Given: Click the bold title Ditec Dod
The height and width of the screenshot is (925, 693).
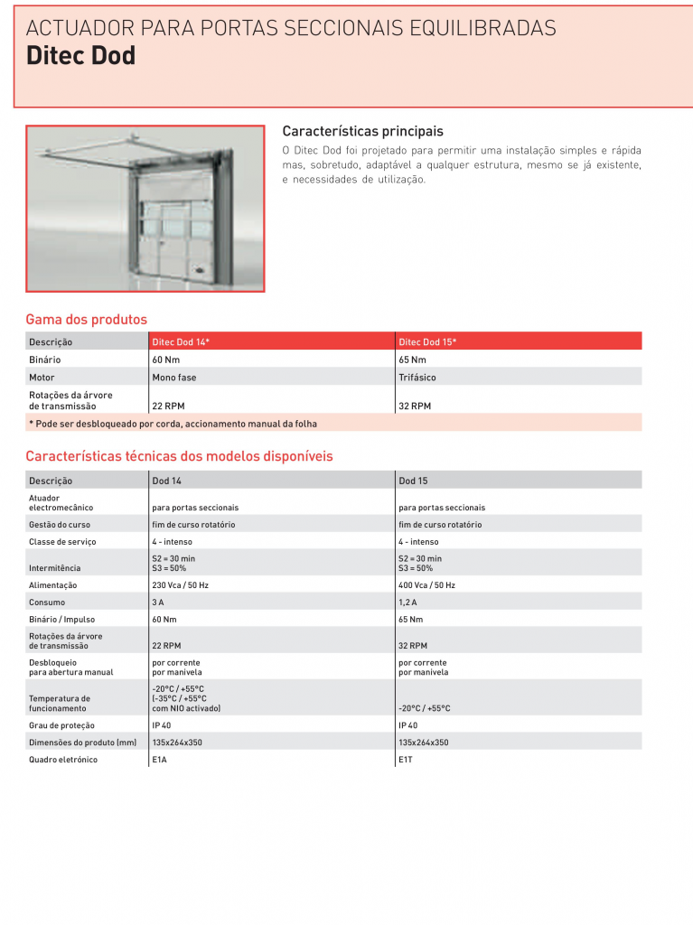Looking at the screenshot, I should (x=80, y=56).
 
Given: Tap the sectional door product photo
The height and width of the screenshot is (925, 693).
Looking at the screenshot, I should (x=145, y=209).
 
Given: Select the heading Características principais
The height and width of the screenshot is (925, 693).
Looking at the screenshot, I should (x=363, y=131).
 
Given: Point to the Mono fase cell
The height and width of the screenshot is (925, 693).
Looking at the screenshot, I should (x=174, y=378).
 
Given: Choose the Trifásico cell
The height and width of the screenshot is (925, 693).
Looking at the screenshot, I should (x=417, y=378).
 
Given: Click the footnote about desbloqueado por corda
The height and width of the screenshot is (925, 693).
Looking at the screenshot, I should (x=173, y=424).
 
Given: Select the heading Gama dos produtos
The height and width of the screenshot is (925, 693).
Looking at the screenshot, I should (x=86, y=320).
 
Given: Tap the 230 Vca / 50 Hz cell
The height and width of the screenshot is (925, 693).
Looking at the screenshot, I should (x=180, y=585).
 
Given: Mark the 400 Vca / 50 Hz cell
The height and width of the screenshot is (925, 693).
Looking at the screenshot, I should (x=426, y=585).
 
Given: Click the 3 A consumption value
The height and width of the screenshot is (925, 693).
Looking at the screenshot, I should (x=158, y=603).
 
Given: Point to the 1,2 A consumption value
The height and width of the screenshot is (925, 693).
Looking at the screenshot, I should (x=407, y=603).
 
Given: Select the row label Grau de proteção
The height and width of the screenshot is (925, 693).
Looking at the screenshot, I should (x=61, y=725).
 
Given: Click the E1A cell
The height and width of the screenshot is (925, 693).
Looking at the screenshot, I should (x=160, y=760).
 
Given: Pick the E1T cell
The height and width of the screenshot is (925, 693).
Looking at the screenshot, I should (x=406, y=760).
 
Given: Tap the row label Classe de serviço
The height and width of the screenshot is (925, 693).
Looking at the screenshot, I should (x=62, y=542).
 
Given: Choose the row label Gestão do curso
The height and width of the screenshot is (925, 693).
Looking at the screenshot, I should (x=60, y=525).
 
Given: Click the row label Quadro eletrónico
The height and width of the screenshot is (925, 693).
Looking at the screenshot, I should (x=63, y=760).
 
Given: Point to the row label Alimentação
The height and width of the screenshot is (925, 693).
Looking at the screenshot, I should (x=53, y=585).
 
